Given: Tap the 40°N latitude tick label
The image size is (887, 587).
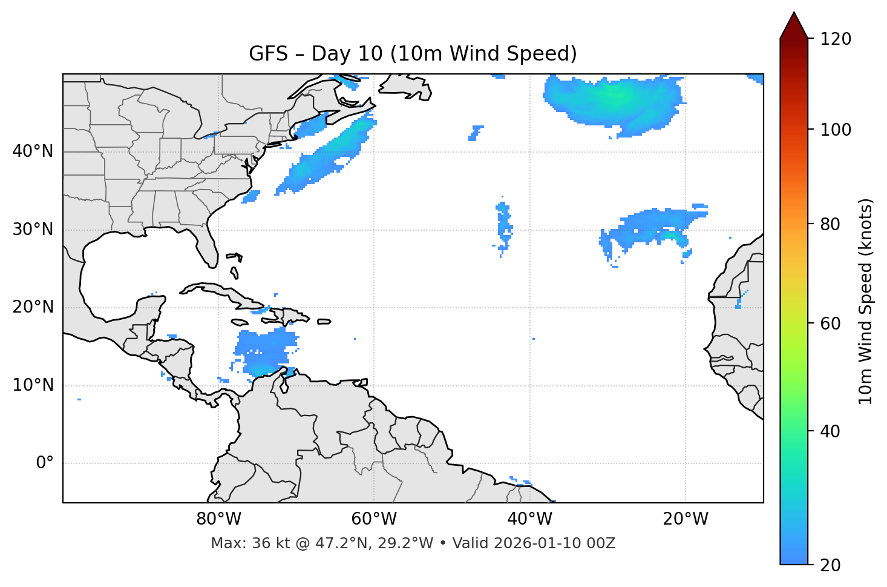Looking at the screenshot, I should click(33, 151).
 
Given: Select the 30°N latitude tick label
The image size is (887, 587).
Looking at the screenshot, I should click(33, 230).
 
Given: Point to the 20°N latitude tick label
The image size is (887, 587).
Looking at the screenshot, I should click(33, 307).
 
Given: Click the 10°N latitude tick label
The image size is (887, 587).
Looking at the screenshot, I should click(33, 385).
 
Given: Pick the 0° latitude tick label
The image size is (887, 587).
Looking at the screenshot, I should click(45, 463).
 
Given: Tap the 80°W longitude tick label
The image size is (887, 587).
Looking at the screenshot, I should click(218, 519).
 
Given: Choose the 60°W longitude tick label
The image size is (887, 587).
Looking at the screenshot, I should click(374, 519).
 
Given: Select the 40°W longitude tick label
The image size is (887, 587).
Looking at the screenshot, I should click(529, 519).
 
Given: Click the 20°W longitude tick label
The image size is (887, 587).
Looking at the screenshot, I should click(685, 519).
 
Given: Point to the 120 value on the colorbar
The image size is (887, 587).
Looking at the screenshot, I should click(836, 39).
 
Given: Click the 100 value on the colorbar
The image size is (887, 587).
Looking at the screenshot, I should click(836, 130).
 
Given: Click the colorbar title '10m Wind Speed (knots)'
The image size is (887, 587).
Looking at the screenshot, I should click(866, 302).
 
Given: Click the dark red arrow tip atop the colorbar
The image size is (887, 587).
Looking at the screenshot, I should click(794, 24).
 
